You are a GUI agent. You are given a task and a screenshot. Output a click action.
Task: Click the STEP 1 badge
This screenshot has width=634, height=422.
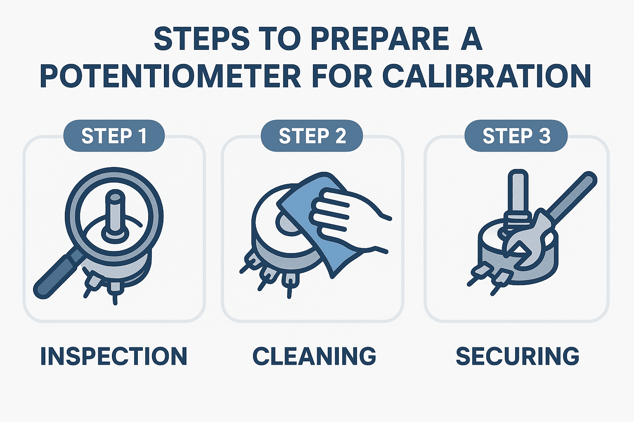(x=114, y=136)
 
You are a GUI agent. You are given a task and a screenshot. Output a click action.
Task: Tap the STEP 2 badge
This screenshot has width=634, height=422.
(x=312, y=136)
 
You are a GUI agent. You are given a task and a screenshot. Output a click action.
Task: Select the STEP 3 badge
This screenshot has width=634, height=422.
(x=516, y=136)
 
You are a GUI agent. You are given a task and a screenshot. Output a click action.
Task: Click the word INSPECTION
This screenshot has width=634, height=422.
(x=114, y=356)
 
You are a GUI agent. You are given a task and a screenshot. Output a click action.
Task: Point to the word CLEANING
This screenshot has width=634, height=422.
(x=314, y=356)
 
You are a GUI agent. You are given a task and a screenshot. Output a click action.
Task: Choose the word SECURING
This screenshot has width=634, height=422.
(x=518, y=356)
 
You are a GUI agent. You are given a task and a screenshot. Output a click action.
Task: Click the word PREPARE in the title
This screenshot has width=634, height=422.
(x=379, y=40)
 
